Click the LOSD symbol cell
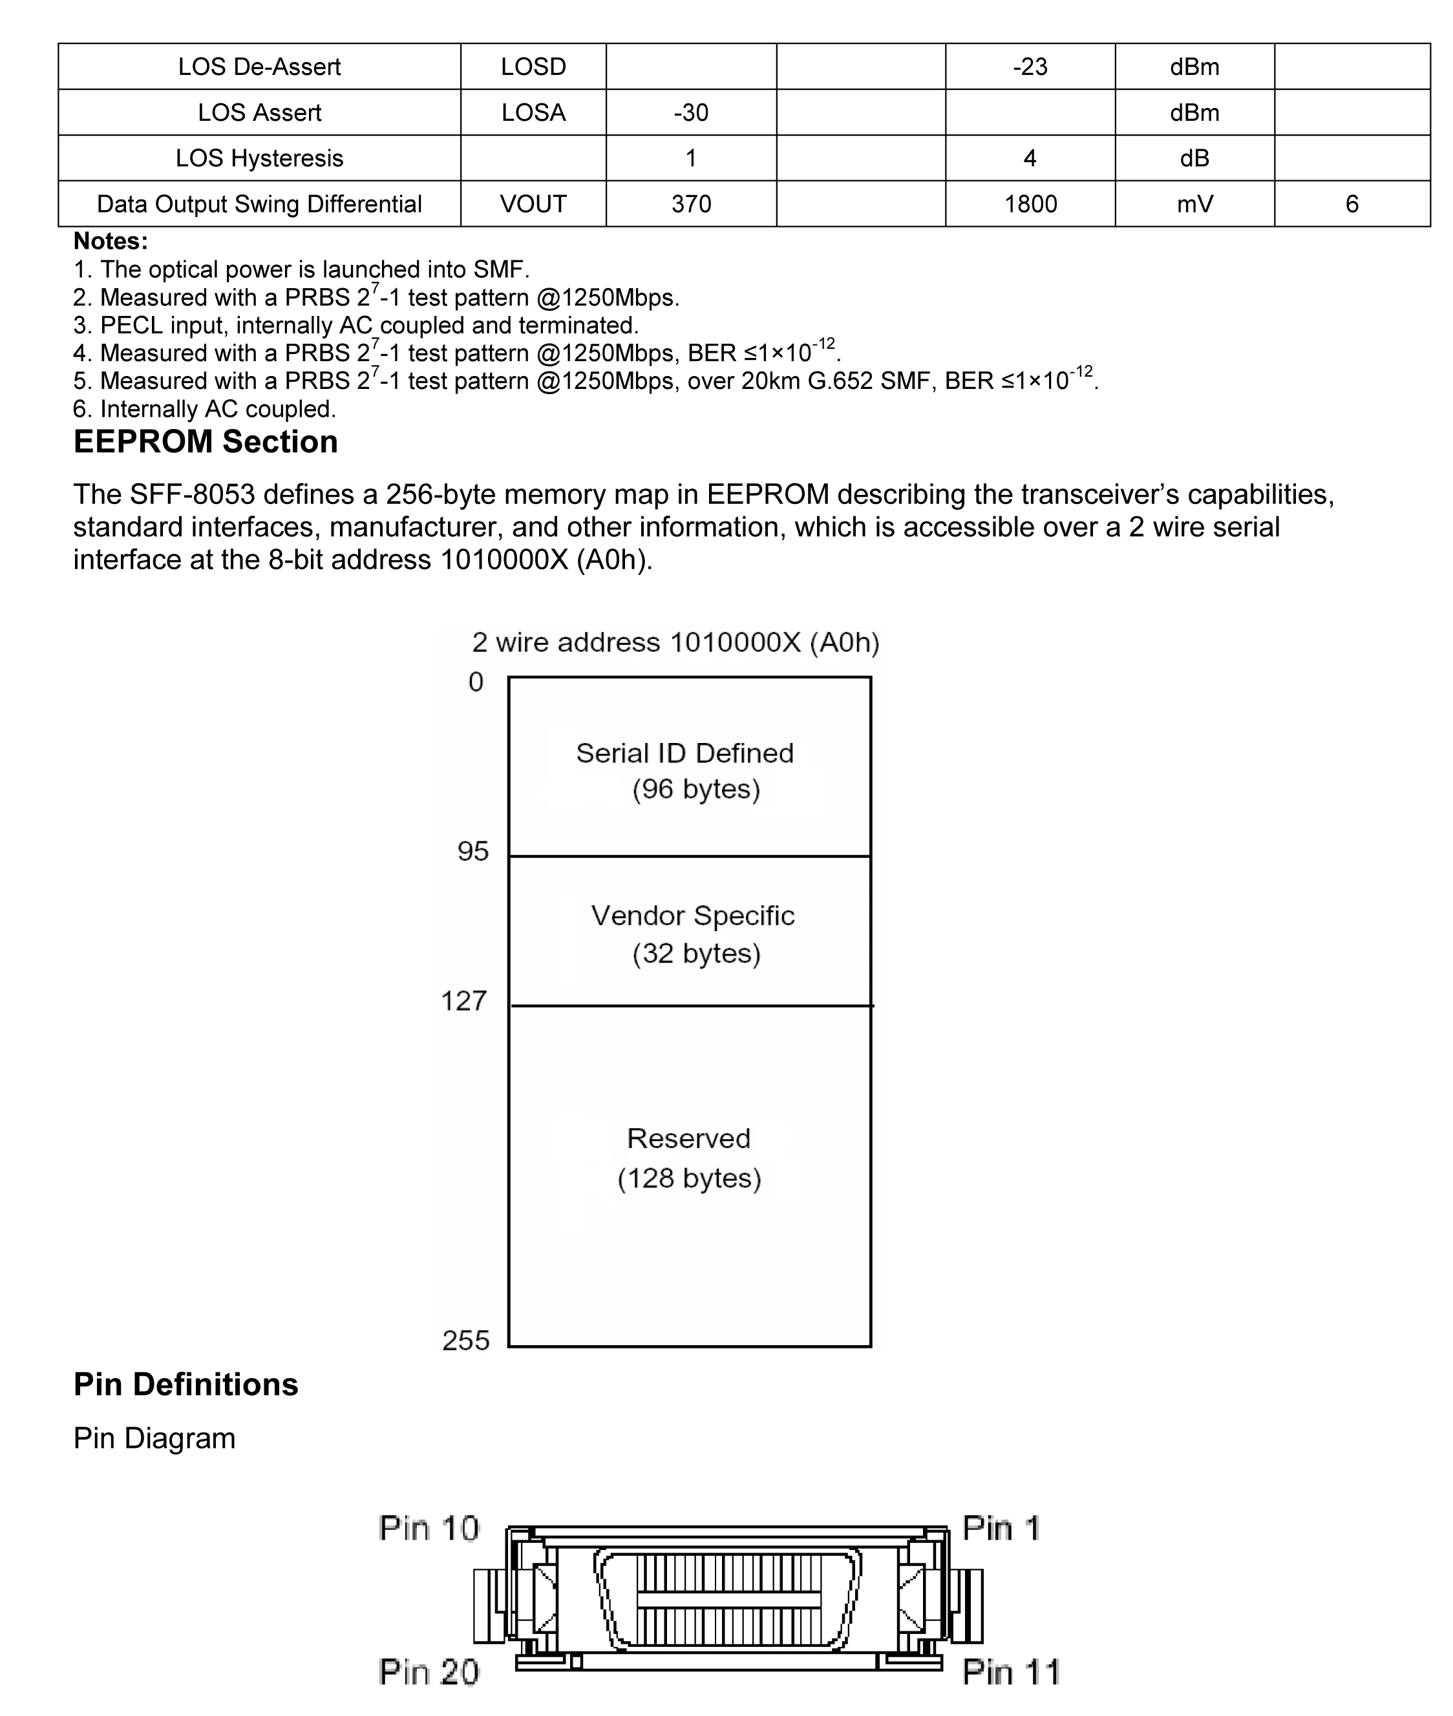pyautogui.click(x=533, y=67)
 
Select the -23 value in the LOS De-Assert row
pyautogui.click(x=1030, y=67)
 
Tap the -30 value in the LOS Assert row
pyautogui.click(x=690, y=113)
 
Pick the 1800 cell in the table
pyautogui.click(x=1030, y=204)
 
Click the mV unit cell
pyautogui.click(x=1194, y=204)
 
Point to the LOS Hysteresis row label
pyautogui.click(x=259, y=158)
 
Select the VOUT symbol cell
pyautogui.click(x=533, y=204)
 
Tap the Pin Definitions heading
pyautogui.click(x=186, y=1384)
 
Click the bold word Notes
pyautogui.click(x=111, y=241)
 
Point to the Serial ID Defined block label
pyautogui.click(x=684, y=771)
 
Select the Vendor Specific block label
pyautogui.click(x=693, y=934)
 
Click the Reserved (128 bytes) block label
pyautogui.click(x=688, y=1158)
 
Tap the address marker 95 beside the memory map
pyautogui.click(x=472, y=852)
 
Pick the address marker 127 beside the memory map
pyautogui.click(x=463, y=1001)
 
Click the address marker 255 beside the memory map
pyautogui.click(x=465, y=1341)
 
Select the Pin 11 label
pyautogui.click(x=1011, y=1672)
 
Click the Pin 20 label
pyautogui.click(x=429, y=1672)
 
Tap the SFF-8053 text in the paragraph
pyautogui.click(x=192, y=494)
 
